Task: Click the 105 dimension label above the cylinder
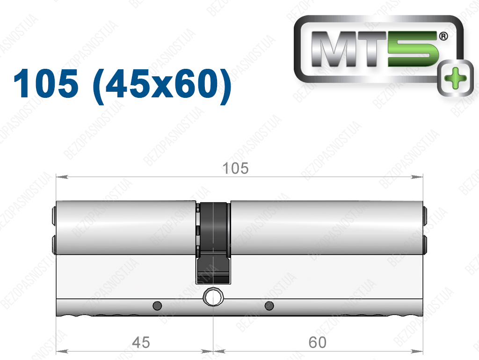pos(235,169)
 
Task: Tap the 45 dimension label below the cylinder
pos(141,342)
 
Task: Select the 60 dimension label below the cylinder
pos(318,342)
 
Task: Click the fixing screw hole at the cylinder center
pos(213,297)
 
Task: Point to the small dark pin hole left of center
pos(157,305)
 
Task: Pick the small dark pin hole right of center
pos(269,305)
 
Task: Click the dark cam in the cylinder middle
pos(213,243)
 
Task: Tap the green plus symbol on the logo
pos(456,78)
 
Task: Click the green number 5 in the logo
pos(413,49)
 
